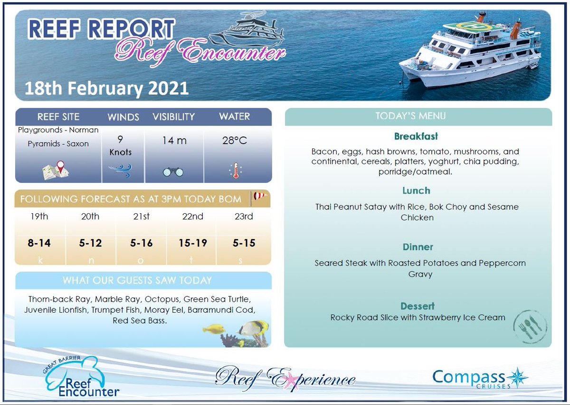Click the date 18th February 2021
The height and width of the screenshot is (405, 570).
(106, 88)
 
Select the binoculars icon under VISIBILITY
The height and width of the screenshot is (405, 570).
(173, 172)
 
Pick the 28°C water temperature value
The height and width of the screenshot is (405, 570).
(235, 141)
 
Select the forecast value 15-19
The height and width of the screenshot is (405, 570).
(192, 243)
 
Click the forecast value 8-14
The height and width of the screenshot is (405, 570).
(39, 243)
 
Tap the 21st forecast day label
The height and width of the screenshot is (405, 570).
(141, 217)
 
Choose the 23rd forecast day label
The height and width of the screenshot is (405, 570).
(244, 217)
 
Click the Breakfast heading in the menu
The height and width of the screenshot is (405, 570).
(416, 137)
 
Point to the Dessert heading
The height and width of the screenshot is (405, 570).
(417, 306)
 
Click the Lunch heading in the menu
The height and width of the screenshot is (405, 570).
(416, 190)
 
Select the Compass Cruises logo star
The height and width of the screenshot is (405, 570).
(517, 377)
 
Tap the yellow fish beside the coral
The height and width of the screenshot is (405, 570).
(213, 328)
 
